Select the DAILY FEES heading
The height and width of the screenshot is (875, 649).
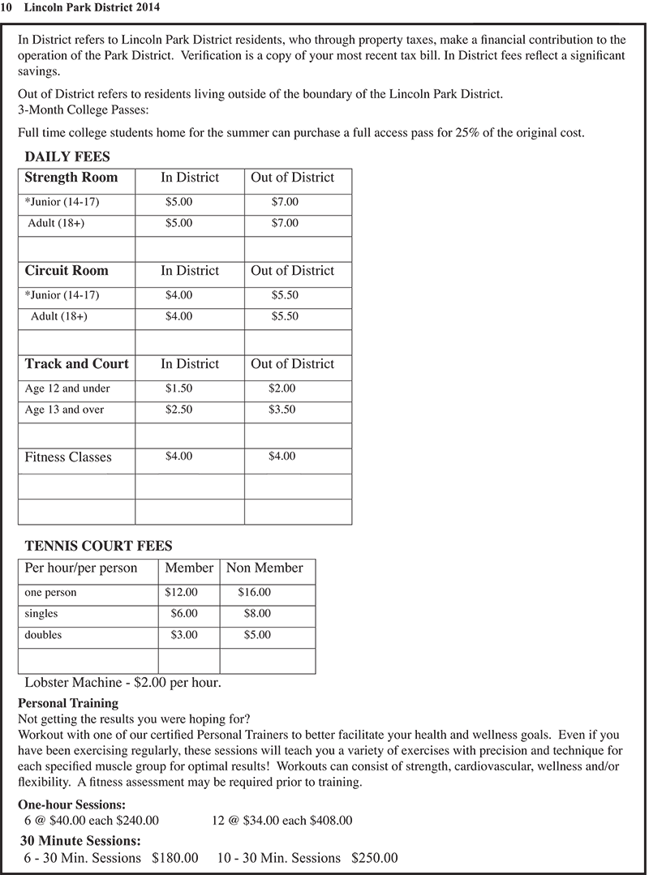point(67,157)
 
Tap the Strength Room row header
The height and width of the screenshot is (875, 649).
point(71,178)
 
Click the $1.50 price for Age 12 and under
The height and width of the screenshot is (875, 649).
point(178,389)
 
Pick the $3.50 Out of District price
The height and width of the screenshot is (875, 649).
point(282,410)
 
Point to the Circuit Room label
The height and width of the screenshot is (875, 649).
point(66,271)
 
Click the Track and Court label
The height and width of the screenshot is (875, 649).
point(76,364)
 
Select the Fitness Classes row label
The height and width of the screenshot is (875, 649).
point(68,457)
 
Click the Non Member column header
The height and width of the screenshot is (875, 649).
point(264,568)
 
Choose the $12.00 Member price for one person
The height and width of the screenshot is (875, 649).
point(181,593)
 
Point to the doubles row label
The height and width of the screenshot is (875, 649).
point(43,635)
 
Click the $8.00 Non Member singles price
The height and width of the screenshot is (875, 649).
point(257,614)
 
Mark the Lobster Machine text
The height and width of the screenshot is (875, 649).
point(122,683)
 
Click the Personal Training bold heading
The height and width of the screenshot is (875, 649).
point(68,703)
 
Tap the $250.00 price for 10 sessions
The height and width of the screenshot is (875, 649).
point(374,858)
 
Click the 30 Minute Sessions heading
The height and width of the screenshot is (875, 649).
point(80,841)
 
